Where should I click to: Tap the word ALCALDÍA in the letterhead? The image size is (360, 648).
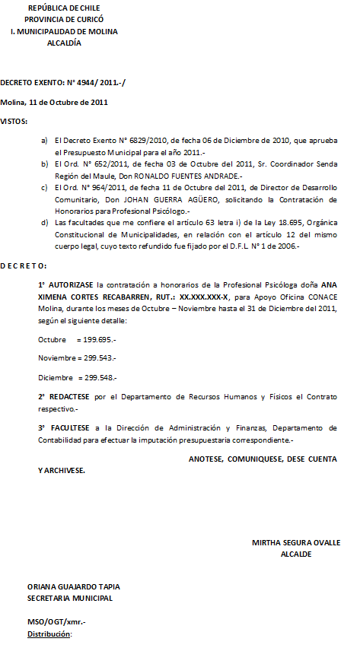pyautogui.click(x=64, y=43)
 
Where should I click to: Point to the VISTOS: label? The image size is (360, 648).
pyautogui.click(x=14, y=122)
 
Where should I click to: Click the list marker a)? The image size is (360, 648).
pyautogui.click(x=44, y=141)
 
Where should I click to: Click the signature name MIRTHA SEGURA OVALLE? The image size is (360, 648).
pyautogui.click(x=295, y=542)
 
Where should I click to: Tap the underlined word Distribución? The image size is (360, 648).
pyautogui.click(x=49, y=634)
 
